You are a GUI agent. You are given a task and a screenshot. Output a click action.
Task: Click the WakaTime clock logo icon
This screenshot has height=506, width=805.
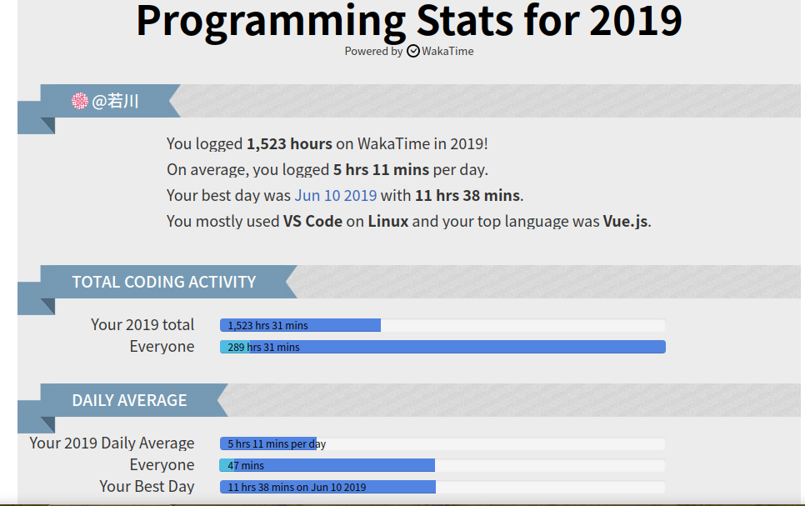click(x=413, y=51)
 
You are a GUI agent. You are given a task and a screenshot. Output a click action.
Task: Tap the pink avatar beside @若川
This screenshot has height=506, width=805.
click(x=80, y=101)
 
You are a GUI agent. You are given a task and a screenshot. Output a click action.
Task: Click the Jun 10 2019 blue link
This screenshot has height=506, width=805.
click(x=336, y=195)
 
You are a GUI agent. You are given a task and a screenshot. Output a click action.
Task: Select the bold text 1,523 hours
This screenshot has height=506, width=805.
click(x=289, y=144)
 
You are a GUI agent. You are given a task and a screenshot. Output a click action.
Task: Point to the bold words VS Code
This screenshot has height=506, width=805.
click(x=312, y=221)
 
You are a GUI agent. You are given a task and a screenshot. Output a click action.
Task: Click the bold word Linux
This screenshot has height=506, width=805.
click(x=388, y=221)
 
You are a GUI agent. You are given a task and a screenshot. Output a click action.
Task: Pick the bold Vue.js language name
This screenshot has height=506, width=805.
click(x=625, y=222)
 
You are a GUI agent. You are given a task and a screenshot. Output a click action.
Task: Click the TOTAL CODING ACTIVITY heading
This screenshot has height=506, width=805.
click(x=164, y=282)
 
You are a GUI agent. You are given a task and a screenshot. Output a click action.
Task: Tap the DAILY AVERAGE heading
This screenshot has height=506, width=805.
click(x=129, y=400)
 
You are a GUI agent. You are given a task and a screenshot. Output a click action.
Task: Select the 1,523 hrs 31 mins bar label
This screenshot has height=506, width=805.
click(x=268, y=325)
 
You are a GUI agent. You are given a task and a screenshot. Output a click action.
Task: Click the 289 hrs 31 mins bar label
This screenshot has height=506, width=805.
click(x=264, y=348)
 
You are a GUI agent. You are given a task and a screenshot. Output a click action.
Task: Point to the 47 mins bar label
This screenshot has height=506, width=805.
click(x=246, y=465)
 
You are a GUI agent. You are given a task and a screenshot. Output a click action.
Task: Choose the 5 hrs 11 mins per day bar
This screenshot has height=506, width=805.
click(x=268, y=443)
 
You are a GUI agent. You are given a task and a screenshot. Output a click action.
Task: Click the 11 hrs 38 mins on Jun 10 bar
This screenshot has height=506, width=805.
click(x=328, y=487)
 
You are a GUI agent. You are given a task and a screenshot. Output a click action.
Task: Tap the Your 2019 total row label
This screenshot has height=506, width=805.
click(x=142, y=324)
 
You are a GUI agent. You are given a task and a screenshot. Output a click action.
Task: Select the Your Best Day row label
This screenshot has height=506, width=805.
click(x=147, y=487)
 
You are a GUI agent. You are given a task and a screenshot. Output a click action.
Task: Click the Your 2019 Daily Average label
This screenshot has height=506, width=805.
click(x=112, y=443)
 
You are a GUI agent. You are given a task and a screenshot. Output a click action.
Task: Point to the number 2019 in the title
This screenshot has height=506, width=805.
click(x=636, y=21)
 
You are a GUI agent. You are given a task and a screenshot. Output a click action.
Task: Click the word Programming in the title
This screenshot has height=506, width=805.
click(x=271, y=22)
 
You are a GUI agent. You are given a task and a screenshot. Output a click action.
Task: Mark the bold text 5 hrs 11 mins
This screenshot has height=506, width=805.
click(x=381, y=169)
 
